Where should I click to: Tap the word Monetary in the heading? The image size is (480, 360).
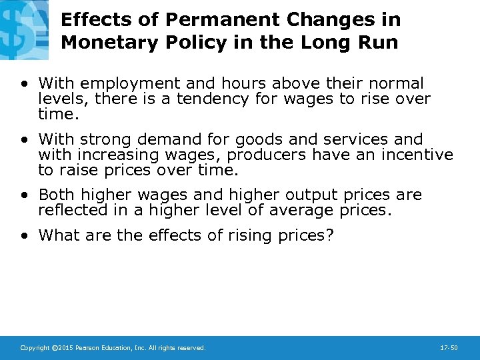(101, 43)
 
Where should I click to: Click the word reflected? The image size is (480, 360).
(71, 210)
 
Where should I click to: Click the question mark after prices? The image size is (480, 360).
(330, 235)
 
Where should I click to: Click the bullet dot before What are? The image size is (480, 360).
(25, 235)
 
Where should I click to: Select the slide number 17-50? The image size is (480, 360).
(449, 348)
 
